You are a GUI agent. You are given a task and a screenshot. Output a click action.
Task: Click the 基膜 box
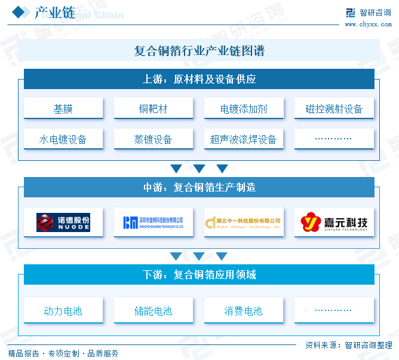point(63,109)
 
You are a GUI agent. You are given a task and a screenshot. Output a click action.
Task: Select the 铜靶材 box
point(153,109)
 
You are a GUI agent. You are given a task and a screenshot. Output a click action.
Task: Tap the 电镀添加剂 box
point(243,109)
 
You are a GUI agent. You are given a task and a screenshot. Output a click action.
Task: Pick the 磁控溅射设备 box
point(334,109)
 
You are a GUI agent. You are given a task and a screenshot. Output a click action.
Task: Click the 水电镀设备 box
point(63,139)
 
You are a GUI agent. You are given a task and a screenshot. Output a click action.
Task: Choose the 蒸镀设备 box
point(153,139)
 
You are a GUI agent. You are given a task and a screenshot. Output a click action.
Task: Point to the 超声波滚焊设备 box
point(243,139)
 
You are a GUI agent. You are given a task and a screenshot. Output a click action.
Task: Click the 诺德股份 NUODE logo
point(63,222)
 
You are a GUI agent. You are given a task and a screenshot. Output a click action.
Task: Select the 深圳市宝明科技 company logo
point(153,222)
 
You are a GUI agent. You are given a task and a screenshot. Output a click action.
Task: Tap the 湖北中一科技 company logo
point(243,222)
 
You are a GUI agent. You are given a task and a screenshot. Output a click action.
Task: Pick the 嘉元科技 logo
point(334,222)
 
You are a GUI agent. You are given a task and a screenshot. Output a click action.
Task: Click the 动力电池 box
point(63,311)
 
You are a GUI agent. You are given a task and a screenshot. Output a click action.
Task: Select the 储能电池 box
point(153,311)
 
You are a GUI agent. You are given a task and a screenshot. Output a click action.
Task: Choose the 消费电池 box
point(243,311)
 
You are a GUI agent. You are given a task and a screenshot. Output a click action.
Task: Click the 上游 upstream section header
point(199,79)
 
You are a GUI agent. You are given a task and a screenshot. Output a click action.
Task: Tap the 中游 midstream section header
point(199,187)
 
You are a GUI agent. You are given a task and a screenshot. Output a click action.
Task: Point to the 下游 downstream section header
point(199,275)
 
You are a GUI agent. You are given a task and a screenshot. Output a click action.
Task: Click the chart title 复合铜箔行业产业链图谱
point(199,51)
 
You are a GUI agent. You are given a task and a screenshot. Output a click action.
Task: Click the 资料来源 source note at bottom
point(348,345)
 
